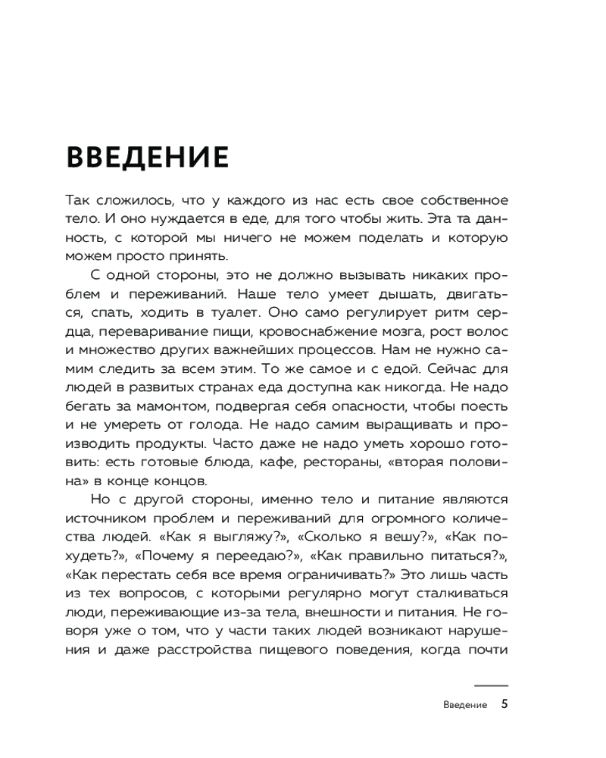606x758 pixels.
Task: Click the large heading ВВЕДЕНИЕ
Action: (x=148, y=156)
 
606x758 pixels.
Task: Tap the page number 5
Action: (x=504, y=704)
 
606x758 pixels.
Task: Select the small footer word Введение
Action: (x=464, y=705)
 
